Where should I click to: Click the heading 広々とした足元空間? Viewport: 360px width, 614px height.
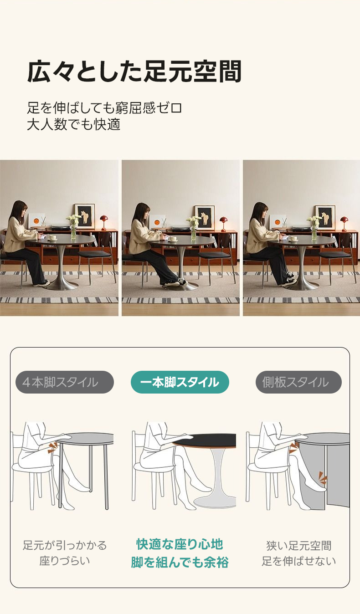tap(134, 71)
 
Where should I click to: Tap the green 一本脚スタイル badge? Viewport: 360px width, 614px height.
tap(180, 382)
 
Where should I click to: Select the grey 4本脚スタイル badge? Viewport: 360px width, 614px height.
tap(65, 382)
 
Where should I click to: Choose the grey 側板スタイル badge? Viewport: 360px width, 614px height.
tap(298, 382)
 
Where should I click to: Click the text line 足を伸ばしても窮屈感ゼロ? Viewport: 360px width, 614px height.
tap(104, 108)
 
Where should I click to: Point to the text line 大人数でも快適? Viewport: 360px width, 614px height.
tap(73, 124)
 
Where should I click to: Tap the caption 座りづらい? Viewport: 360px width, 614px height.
tap(65, 561)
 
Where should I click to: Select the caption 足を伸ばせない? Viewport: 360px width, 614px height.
tap(298, 561)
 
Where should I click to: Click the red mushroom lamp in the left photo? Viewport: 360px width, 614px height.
tap(103, 222)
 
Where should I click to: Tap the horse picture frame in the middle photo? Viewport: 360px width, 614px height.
tap(205, 217)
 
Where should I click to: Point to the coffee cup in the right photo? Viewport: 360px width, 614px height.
tap(294, 239)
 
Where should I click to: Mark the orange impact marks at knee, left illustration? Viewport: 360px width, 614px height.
tap(52, 448)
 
